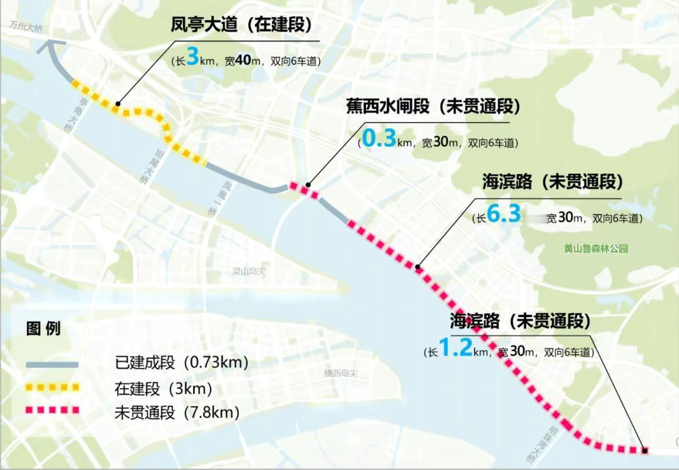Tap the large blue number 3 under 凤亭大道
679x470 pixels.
pos(192,60)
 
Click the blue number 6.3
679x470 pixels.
pos(504,215)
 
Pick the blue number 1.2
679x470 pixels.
pos(455,349)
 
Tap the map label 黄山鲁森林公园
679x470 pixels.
pos(595,249)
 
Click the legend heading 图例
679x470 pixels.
pos(43,328)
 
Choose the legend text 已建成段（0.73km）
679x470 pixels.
pos(182,363)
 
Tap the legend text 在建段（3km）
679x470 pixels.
pos(163,388)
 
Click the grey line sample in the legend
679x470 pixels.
pos(52,364)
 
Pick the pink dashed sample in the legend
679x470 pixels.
pos(52,410)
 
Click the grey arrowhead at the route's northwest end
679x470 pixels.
pos(50,47)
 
